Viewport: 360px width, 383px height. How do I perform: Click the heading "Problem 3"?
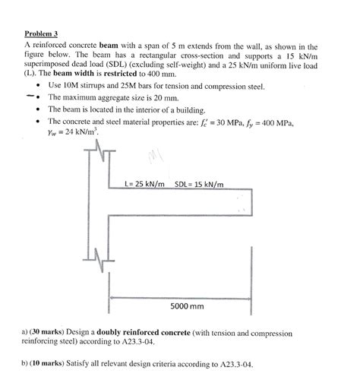41,34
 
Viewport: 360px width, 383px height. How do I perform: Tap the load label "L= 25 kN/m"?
144,184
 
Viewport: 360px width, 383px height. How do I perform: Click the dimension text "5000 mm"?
187,306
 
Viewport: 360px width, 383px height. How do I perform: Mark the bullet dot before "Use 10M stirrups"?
37,87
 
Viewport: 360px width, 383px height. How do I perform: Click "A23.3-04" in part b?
231,363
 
